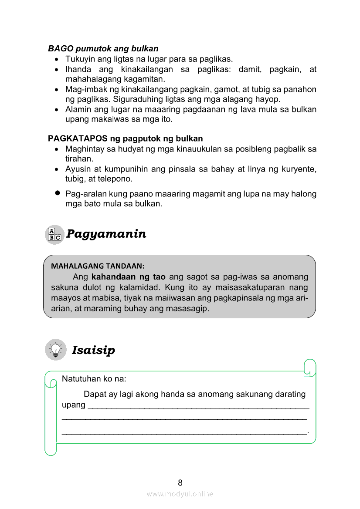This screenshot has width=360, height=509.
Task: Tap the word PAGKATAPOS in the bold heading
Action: pos(72,139)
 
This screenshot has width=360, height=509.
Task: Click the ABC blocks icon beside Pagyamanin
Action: pos(54,234)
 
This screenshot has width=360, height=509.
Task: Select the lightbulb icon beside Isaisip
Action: pos(55,350)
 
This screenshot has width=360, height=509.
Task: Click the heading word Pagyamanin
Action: pos(106,234)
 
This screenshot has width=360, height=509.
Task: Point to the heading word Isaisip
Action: pos(93,350)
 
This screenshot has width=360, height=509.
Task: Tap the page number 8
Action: pos(180,482)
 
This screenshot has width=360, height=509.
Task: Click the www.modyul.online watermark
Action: pos(180,494)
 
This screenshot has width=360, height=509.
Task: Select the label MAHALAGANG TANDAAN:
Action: pos(98,266)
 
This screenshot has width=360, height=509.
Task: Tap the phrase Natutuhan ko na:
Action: pos(94,379)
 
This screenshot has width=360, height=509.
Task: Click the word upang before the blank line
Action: pos(74,405)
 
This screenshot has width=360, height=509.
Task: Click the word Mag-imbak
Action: pos(83,89)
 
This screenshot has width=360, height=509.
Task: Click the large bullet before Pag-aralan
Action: pos(57,193)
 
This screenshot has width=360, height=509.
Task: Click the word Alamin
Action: pos(78,109)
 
